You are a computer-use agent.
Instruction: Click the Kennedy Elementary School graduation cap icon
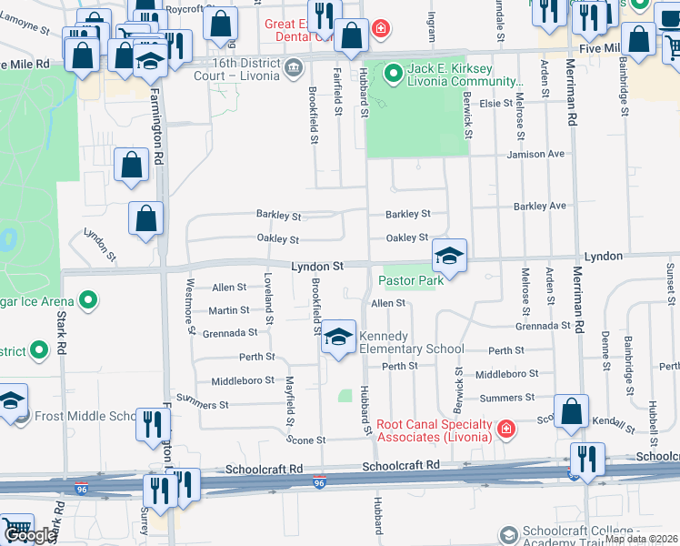click(x=338, y=338)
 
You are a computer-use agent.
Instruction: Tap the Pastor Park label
click(x=411, y=281)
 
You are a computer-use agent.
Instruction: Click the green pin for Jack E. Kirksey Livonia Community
click(x=393, y=71)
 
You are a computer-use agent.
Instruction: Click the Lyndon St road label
click(x=317, y=267)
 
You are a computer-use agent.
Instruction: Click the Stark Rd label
click(x=62, y=332)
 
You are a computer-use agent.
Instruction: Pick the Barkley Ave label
click(x=540, y=207)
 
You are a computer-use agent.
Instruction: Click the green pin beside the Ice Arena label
click(x=88, y=298)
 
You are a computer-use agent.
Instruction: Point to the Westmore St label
click(x=191, y=311)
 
